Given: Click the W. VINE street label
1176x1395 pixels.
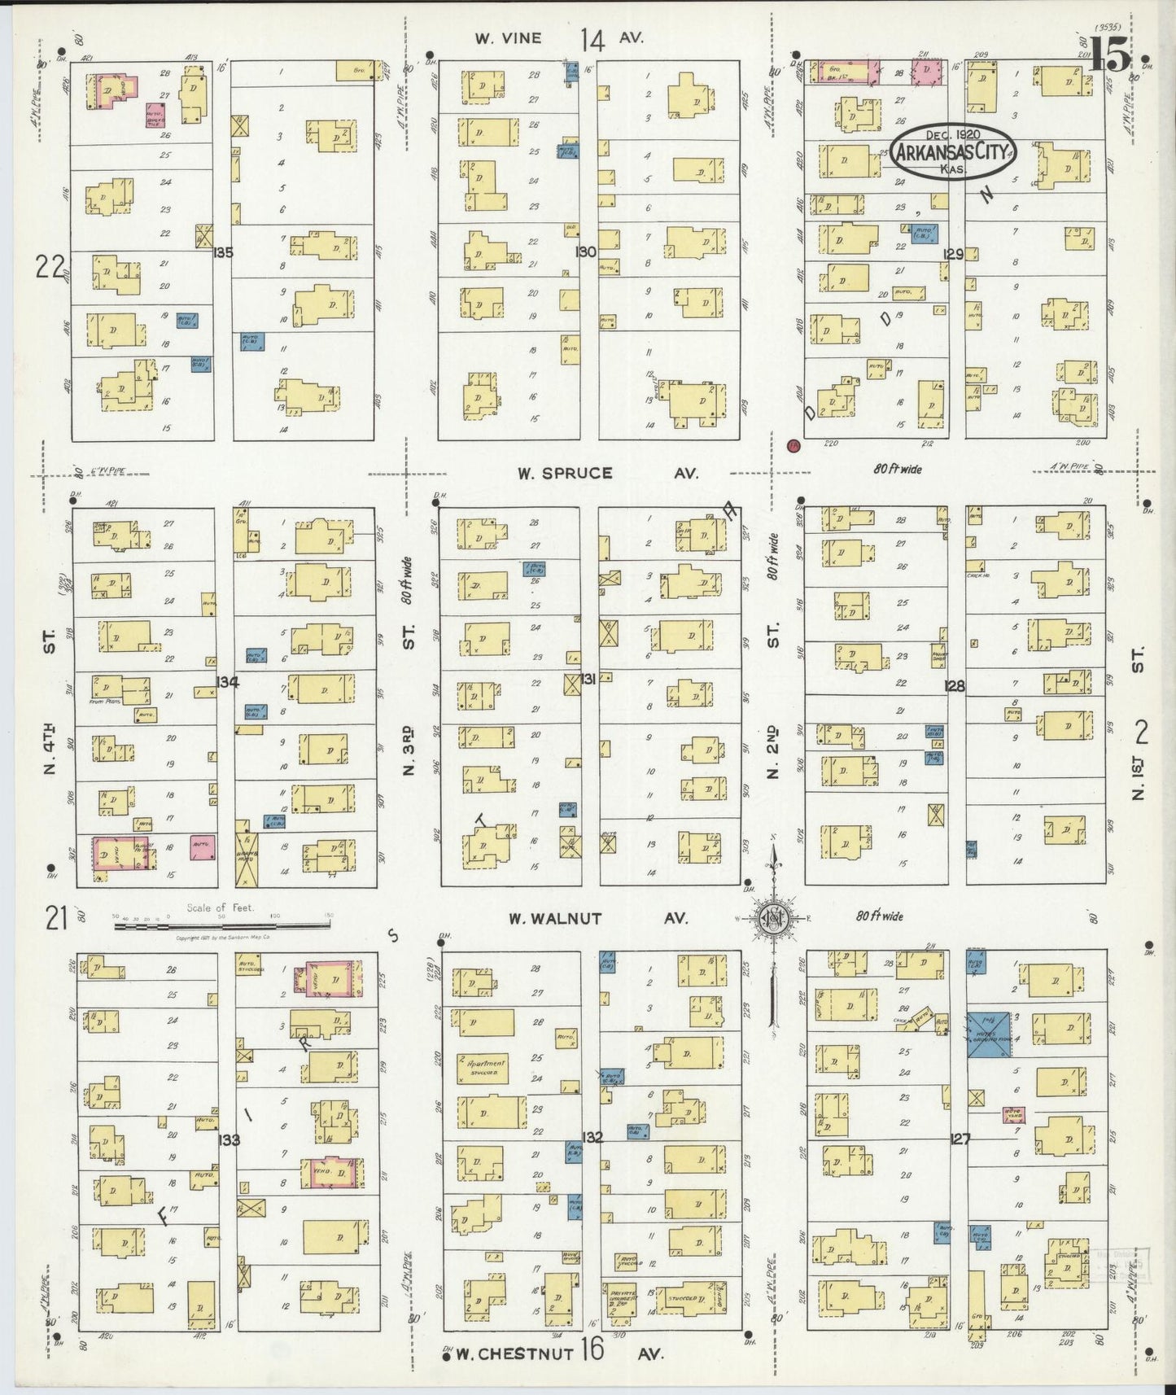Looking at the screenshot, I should pyautogui.click(x=508, y=38).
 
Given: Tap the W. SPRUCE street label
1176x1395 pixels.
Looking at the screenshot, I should pyautogui.click(x=565, y=473).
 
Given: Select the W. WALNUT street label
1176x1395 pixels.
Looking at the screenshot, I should pyautogui.click(x=555, y=918).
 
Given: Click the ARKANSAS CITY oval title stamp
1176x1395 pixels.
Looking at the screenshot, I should pyautogui.click(x=952, y=151).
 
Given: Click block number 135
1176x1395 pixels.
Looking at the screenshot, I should pyautogui.click(x=223, y=252).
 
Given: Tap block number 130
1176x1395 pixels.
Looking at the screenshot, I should pyautogui.click(x=586, y=251).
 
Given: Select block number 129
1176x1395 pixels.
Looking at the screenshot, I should pyautogui.click(x=953, y=254).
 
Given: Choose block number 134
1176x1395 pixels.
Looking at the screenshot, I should pyautogui.click(x=228, y=682).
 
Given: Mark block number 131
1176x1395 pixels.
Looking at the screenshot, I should pyautogui.click(x=588, y=678).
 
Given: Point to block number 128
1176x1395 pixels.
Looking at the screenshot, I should pyautogui.click(x=954, y=686).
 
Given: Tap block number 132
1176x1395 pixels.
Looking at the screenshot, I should pyautogui.click(x=592, y=1137).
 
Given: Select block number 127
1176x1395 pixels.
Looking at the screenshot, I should pyautogui.click(x=960, y=1139).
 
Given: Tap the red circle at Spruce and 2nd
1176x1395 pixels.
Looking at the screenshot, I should pyautogui.click(x=793, y=445).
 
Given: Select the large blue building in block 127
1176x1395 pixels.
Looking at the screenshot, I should pyautogui.click(x=989, y=1034).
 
